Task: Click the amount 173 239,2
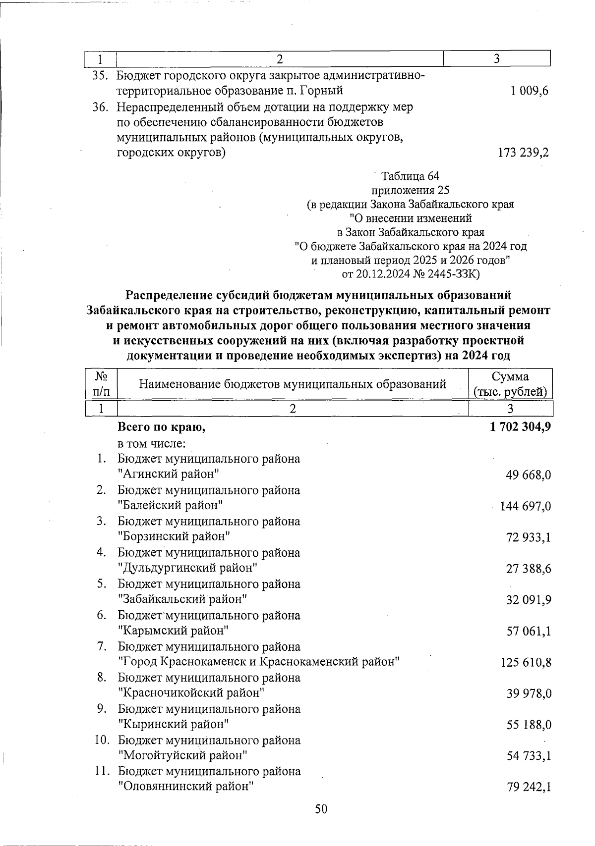pos(523,153)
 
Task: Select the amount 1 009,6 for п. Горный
pos(529,91)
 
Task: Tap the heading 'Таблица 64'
pos(410,176)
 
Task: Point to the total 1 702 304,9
pos(520,427)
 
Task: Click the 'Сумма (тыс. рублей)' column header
pos(510,384)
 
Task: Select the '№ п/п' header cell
pos(101,384)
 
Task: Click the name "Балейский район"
pos(170,505)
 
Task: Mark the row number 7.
pos(102,646)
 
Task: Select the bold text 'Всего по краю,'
pos(161,427)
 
